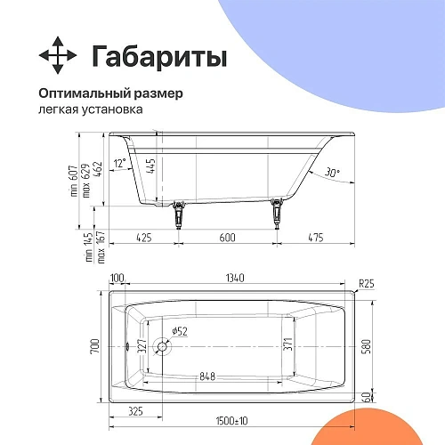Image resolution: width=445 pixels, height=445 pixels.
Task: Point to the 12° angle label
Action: (120, 164)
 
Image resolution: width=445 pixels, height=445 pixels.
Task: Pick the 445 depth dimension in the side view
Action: (152, 166)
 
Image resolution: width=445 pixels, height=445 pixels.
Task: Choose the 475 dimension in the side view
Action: (315, 237)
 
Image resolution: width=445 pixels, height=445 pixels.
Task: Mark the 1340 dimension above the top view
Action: (235, 279)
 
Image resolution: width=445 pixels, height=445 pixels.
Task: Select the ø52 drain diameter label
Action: (178, 331)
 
